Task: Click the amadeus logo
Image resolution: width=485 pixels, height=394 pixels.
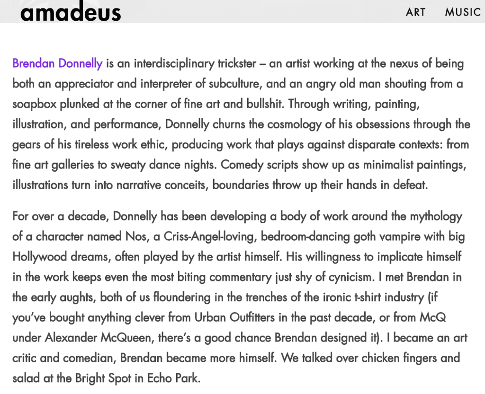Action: tap(70, 12)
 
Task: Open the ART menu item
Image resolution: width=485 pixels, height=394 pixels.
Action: tap(415, 12)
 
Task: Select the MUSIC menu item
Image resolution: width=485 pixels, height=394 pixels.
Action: tap(463, 12)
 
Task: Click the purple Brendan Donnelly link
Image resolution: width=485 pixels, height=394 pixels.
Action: tap(57, 63)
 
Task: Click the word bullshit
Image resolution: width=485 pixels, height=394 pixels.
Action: tap(260, 104)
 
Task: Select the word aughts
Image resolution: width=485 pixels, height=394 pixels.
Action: tap(74, 298)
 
